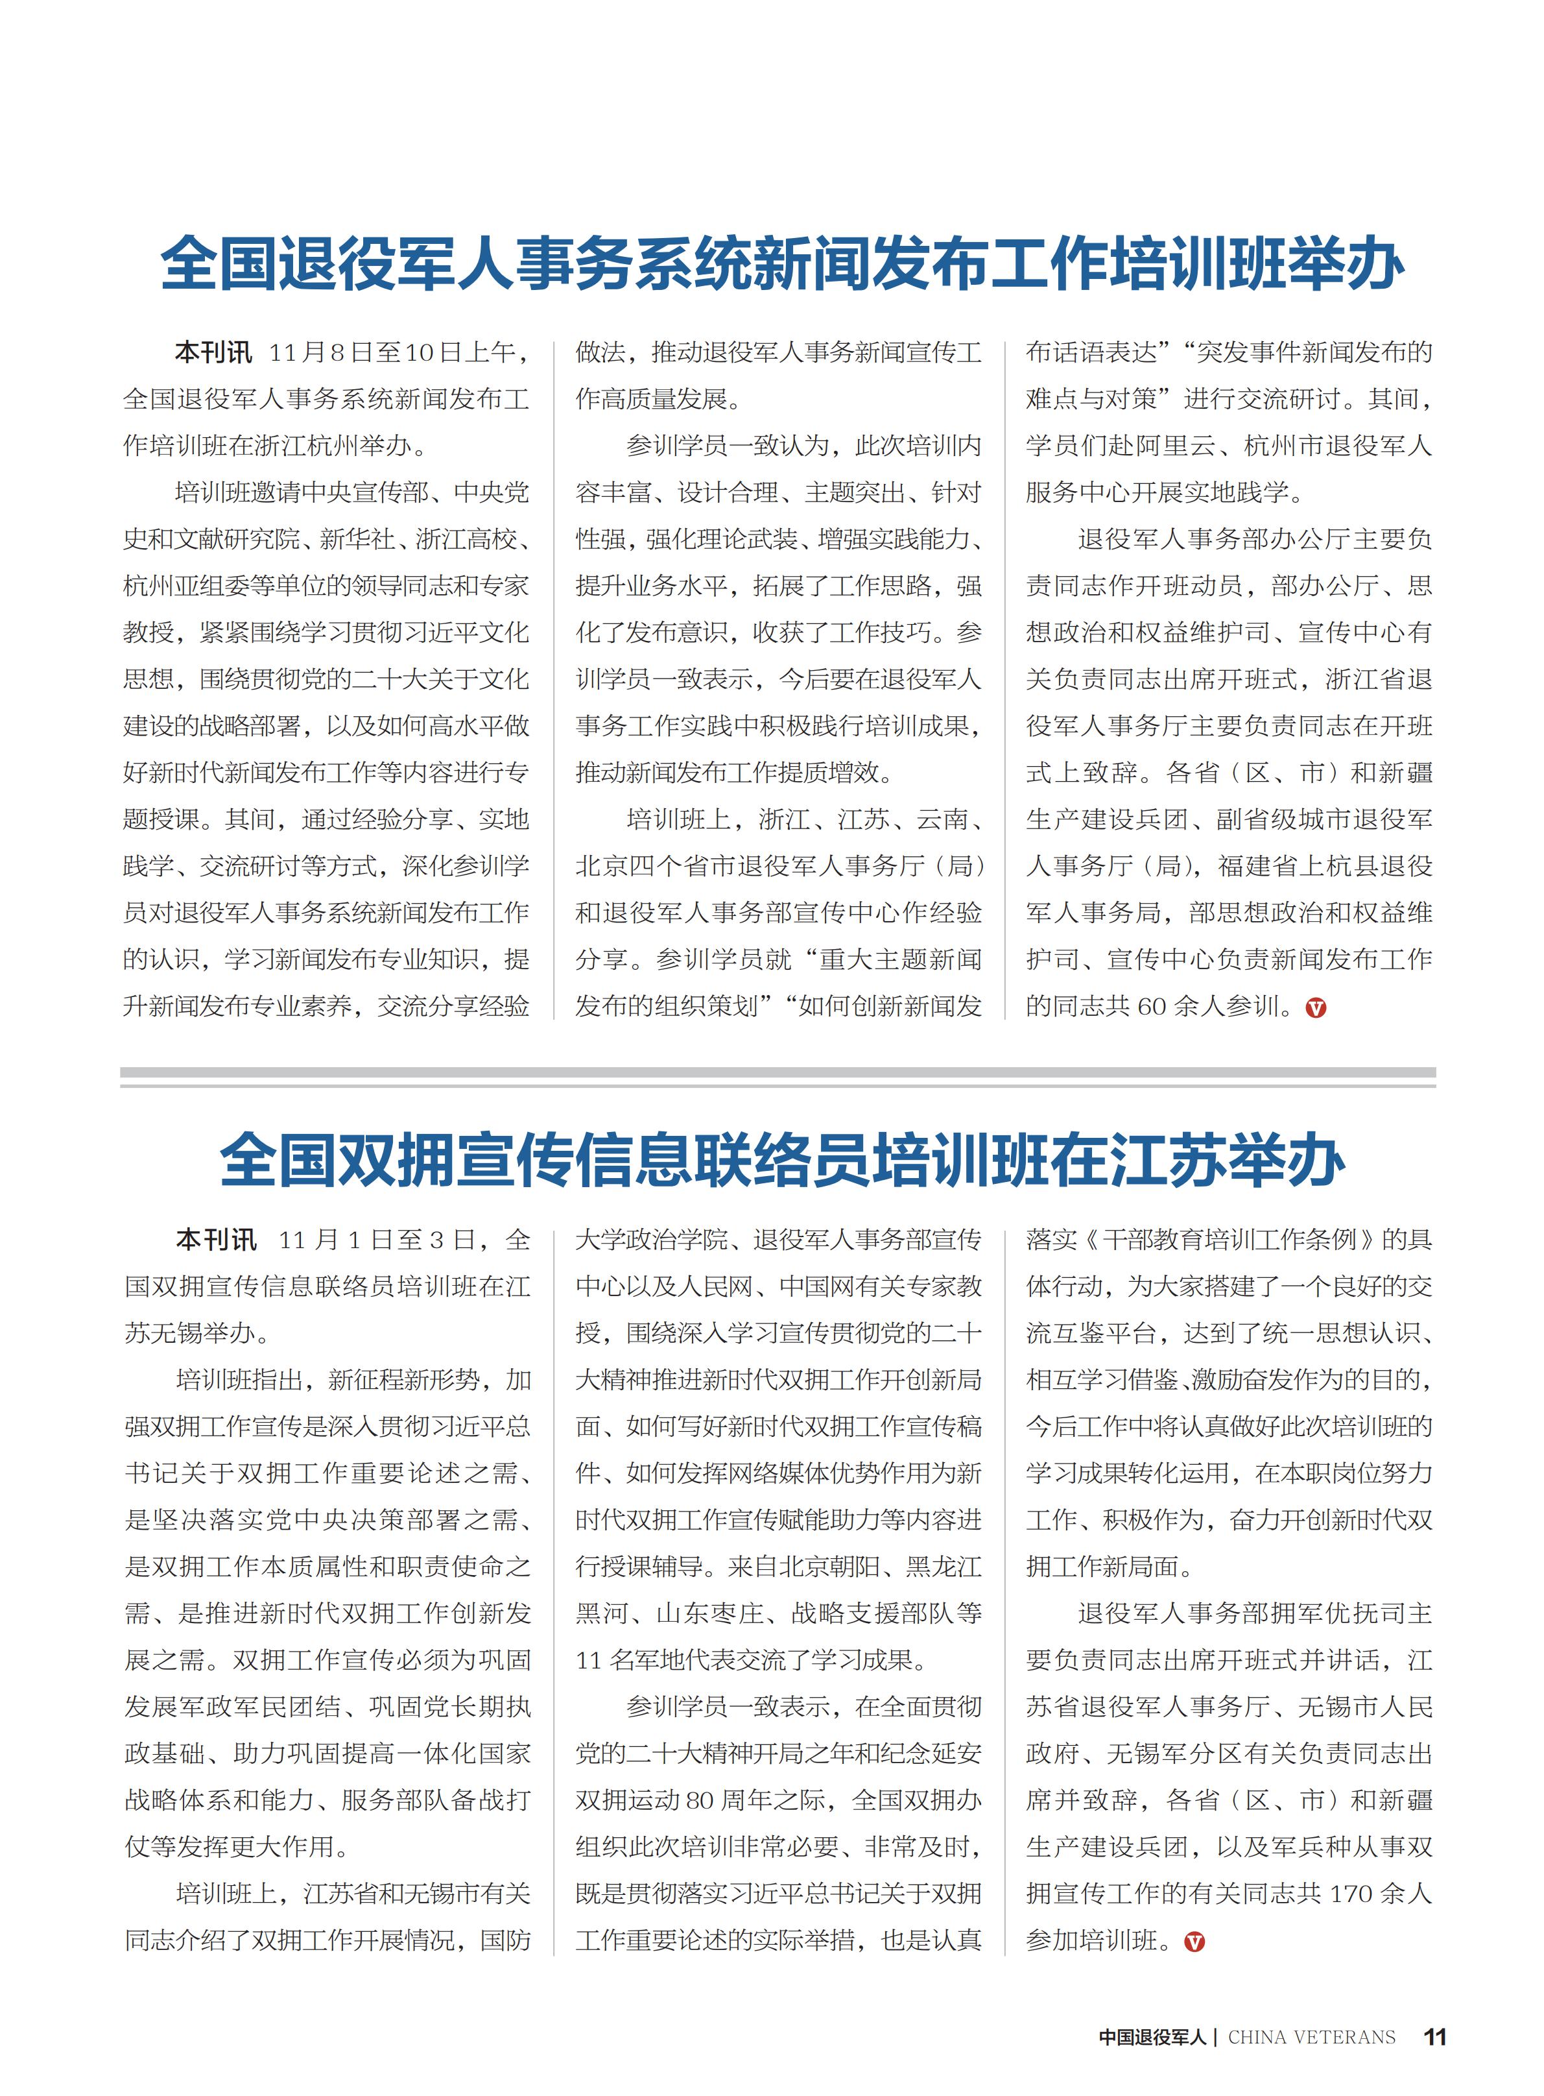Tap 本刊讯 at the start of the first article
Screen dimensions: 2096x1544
213,352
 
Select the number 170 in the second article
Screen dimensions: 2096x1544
1349,1893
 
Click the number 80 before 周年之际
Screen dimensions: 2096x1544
701,1800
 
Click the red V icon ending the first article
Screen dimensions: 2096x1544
1315,1008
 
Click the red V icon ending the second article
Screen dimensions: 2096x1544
1194,1942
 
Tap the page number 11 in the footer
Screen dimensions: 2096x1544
1434,2037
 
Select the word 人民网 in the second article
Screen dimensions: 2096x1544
714,1286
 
